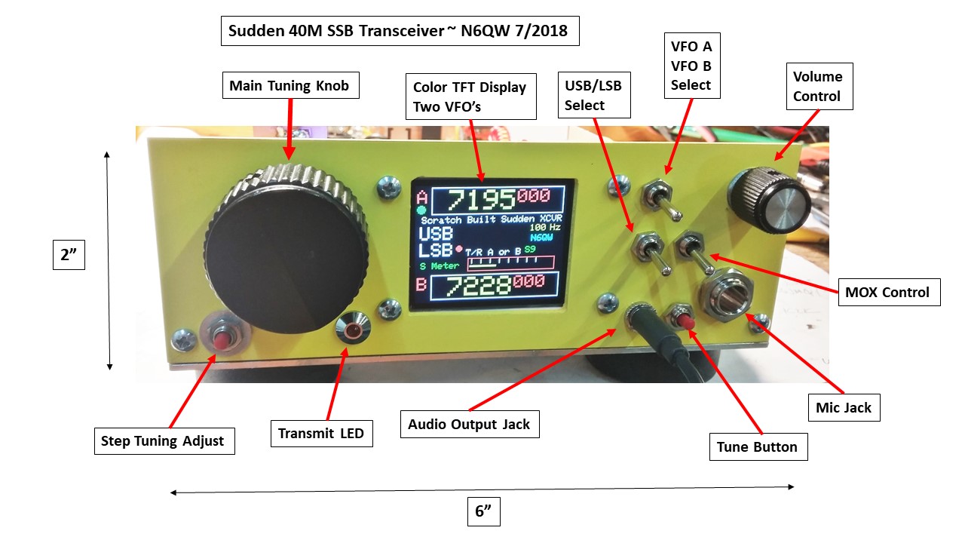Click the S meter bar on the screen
510,262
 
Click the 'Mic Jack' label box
843,408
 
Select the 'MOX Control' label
889,292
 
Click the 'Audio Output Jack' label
469,425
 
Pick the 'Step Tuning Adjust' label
163,441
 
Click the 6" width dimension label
482,512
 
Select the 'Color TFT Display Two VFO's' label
470,97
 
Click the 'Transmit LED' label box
321,434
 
